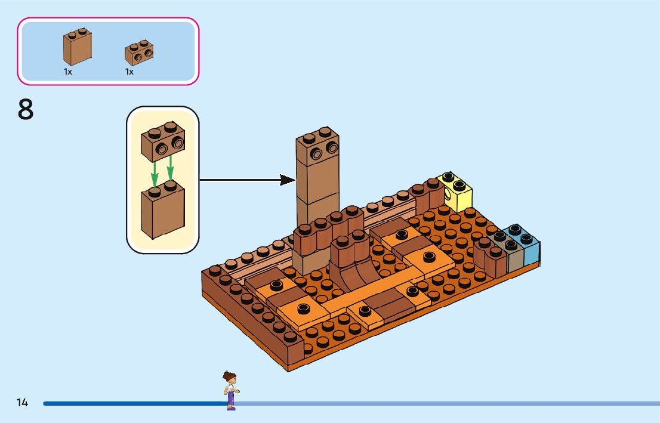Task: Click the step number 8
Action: click(26, 110)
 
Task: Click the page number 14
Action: click(22, 403)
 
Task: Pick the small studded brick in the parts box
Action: click(139, 53)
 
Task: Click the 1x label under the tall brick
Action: click(68, 72)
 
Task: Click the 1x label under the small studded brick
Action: click(129, 72)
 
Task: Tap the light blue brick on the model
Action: click(528, 248)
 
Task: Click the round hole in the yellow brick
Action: click(447, 196)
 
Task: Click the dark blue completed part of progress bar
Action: click(131, 403)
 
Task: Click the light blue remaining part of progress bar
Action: click(448, 403)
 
